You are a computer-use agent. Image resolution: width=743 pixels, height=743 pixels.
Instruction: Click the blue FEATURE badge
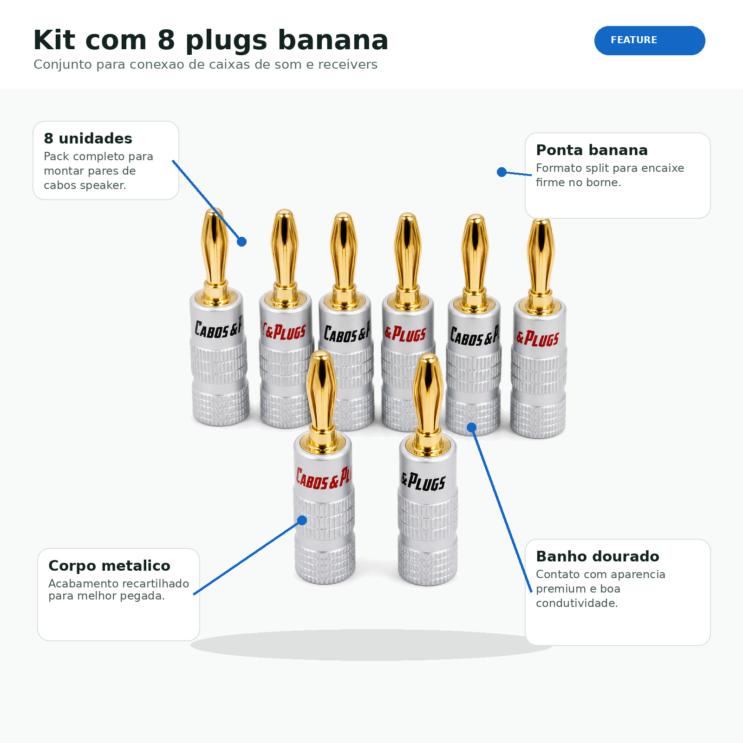point(650,40)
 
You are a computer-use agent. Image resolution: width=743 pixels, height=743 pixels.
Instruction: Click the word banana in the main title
point(333,40)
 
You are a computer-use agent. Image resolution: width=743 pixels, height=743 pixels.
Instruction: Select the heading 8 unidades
point(88,138)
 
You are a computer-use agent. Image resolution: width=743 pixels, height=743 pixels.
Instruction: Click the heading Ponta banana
point(592,150)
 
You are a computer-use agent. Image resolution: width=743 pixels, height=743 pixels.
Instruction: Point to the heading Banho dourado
point(597,556)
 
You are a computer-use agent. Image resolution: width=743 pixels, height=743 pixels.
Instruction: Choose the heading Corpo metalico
point(109,566)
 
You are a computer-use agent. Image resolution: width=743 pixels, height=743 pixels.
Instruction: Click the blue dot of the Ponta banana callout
point(502,172)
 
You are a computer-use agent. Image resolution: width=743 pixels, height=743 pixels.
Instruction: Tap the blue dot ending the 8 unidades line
point(241,241)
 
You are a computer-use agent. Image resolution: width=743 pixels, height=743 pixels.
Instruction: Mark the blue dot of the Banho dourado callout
point(471,427)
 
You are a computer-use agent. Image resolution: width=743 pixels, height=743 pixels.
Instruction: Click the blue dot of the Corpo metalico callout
point(302,520)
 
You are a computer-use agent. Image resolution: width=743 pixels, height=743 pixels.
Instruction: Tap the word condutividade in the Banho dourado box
point(577,603)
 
